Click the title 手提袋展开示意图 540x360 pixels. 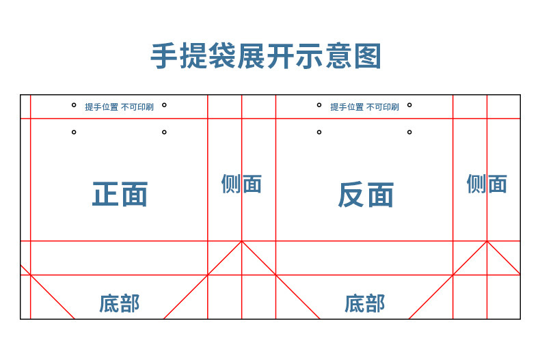tap(266, 57)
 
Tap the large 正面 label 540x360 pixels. tap(120, 195)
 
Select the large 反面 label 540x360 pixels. tap(366, 195)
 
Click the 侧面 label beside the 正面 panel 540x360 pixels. tap(241, 184)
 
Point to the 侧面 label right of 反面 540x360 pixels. tap(487, 184)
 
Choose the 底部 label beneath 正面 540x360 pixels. tap(119, 303)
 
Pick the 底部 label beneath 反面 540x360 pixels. tap(365, 303)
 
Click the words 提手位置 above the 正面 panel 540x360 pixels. tap(101, 107)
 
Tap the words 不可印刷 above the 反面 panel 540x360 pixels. tap(383, 107)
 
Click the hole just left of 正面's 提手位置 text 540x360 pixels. tap(74, 105)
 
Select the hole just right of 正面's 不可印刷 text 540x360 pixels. tap(164, 105)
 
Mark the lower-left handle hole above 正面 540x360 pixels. tap(74, 132)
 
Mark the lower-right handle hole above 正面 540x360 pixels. tap(164, 132)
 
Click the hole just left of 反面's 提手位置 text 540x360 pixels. tap(319, 105)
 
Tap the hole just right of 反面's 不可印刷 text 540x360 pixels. tap(409, 105)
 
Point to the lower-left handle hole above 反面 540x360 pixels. tap(319, 132)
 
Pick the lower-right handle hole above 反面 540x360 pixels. tap(409, 132)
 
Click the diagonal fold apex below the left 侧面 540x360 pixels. tap(241, 241)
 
